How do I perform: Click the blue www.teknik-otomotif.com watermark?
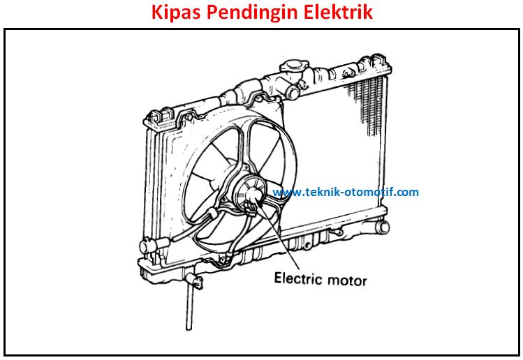[x=346, y=192]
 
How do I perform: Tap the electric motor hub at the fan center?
[x=253, y=194]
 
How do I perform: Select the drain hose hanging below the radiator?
[x=189, y=308]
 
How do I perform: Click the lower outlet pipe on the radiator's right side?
[x=380, y=227]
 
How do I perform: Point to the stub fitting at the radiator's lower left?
[x=149, y=246]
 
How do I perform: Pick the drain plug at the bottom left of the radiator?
[x=195, y=282]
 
